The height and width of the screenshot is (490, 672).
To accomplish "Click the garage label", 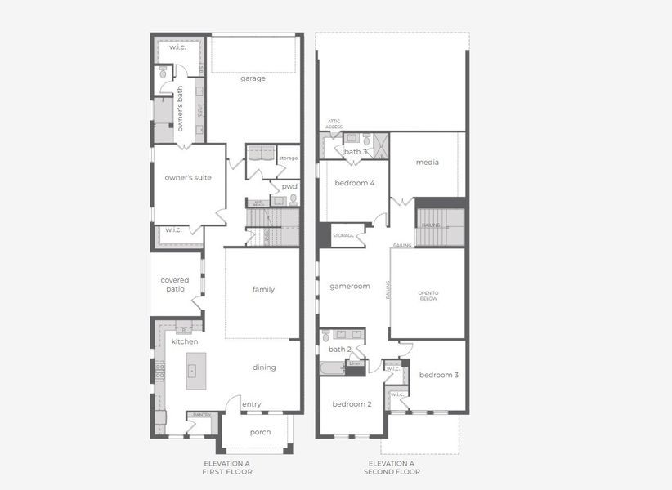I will point(253,78).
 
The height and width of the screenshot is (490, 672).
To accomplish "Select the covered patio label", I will point(175,284).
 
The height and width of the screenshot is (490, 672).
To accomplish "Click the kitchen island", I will point(195,370).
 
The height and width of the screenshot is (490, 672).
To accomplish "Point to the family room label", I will point(263,289).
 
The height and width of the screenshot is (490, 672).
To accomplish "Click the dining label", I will point(264,367).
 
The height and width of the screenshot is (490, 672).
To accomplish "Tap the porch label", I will point(260,432).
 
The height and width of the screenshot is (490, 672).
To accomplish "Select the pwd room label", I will point(289,186).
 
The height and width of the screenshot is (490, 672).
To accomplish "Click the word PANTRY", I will point(201,415).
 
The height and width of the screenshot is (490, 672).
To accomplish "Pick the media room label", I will point(428,162).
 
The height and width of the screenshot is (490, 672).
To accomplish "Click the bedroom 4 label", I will point(355,183).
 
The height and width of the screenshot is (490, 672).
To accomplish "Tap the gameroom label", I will point(350,286).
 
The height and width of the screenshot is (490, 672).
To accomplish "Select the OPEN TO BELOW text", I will point(428,295).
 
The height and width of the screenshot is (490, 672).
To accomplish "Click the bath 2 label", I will point(340,350).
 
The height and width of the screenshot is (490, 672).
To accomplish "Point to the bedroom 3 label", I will point(439,375).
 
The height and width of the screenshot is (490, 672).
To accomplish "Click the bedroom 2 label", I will point(352,403).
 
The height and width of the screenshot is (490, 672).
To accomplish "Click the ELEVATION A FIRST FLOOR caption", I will point(228,468).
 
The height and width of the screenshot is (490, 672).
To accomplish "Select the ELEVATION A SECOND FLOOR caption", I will point(392,468).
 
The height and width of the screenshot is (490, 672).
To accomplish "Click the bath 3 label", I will point(355,152).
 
